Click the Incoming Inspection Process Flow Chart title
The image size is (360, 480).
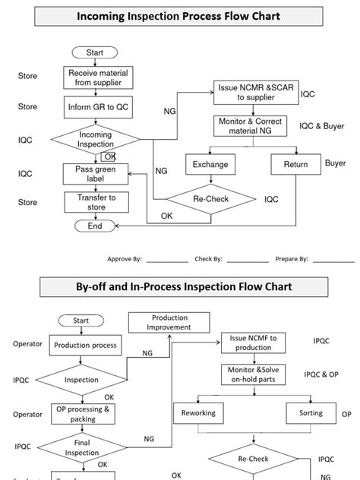click(x=179, y=16)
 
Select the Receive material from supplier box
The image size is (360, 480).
click(x=95, y=77)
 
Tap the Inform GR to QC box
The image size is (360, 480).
click(x=95, y=107)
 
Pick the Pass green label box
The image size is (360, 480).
click(x=95, y=174)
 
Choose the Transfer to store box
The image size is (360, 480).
click(x=95, y=202)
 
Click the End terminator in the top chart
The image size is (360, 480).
click(x=95, y=226)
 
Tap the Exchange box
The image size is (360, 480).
click(x=210, y=164)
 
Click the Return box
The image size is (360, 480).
click(x=295, y=164)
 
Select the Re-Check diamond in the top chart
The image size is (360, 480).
click(x=210, y=200)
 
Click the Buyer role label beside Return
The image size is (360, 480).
click(x=335, y=163)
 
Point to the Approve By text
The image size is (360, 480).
click(x=125, y=259)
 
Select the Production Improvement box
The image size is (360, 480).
click(x=170, y=323)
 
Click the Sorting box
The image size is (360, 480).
click(x=311, y=413)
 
